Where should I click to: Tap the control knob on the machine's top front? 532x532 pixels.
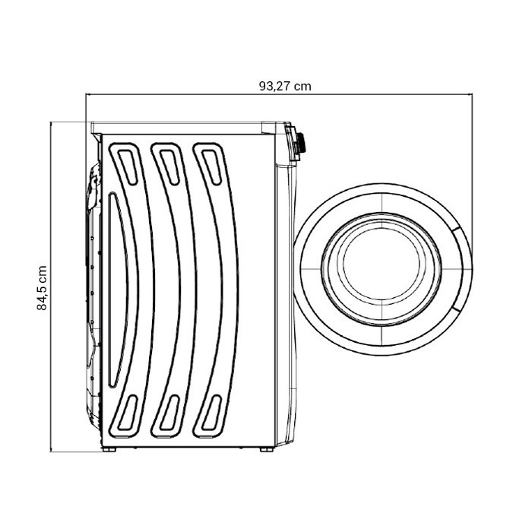pyautogui.click(x=302, y=142)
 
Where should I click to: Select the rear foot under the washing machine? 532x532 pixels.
pyautogui.click(x=110, y=449)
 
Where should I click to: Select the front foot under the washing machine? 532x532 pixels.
pyautogui.click(x=265, y=449)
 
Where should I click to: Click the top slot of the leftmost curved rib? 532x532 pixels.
pyautogui.click(x=127, y=162)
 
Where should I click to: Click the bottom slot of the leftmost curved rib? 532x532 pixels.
pyautogui.click(x=129, y=413)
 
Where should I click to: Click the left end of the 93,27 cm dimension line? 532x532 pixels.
pyautogui.click(x=87, y=95)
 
